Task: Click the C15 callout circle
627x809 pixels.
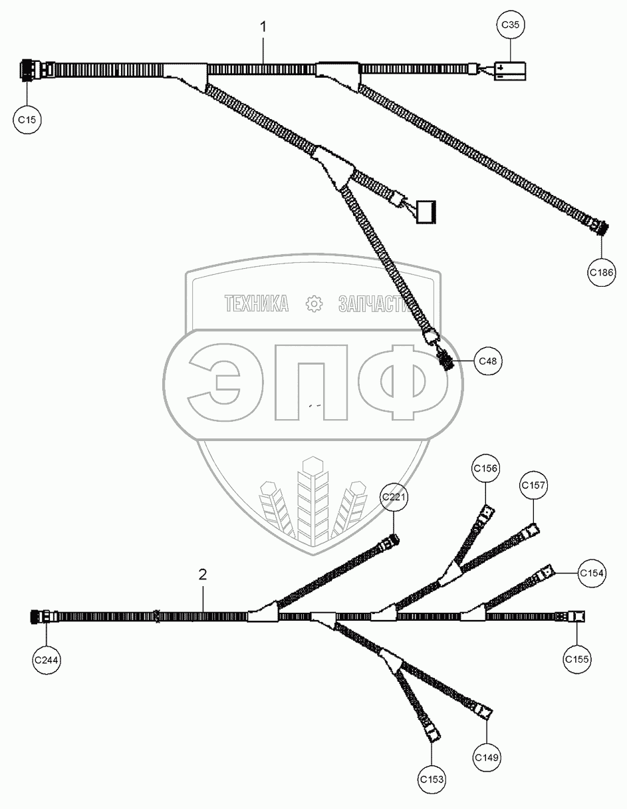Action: point(27,120)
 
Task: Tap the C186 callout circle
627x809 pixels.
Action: point(601,271)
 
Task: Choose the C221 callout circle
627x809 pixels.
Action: point(393,498)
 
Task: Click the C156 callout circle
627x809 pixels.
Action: point(485,468)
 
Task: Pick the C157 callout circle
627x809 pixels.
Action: point(534,485)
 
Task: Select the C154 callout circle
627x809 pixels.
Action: point(591,573)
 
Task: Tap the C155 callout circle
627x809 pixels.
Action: point(576,659)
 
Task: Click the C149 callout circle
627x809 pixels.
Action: point(487,756)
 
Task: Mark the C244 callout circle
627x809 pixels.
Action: point(47,659)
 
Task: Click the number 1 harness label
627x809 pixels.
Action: point(263,27)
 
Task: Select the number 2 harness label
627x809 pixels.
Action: point(203,574)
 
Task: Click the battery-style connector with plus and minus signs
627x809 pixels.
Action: point(510,71)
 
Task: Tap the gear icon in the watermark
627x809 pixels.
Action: point(313,305)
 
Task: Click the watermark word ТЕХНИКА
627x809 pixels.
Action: point(257,305)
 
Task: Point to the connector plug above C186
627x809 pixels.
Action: point(597,227)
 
